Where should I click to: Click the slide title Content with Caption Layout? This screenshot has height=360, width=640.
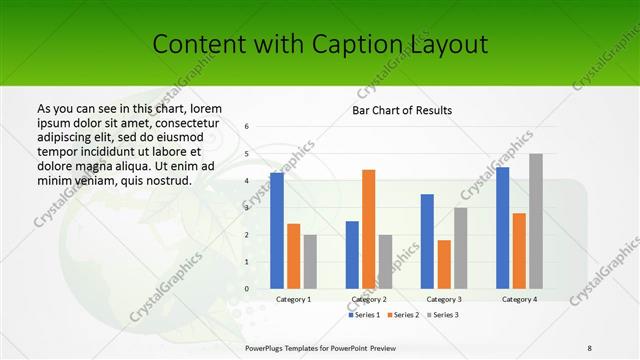coord(320,44)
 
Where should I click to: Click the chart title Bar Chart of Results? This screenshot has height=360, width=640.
coord(402,110)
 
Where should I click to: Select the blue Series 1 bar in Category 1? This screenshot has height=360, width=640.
coord(276,230)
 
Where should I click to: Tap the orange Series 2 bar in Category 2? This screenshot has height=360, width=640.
coord(369,229)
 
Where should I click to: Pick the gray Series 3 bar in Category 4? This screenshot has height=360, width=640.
coord(536,221)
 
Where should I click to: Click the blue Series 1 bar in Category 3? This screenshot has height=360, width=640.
coord(427,241)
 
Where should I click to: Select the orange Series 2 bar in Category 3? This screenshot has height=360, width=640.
coord(444,264)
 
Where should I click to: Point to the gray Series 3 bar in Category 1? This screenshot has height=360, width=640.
coord(310,261)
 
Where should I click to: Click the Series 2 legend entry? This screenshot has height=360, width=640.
coord(403,315)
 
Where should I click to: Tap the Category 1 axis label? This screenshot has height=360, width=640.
coord(293,299)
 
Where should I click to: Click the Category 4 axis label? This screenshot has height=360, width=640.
coord(519,299)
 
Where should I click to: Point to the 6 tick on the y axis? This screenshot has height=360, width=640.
coord(246,127)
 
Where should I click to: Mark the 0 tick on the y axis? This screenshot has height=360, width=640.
coord(246,288)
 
